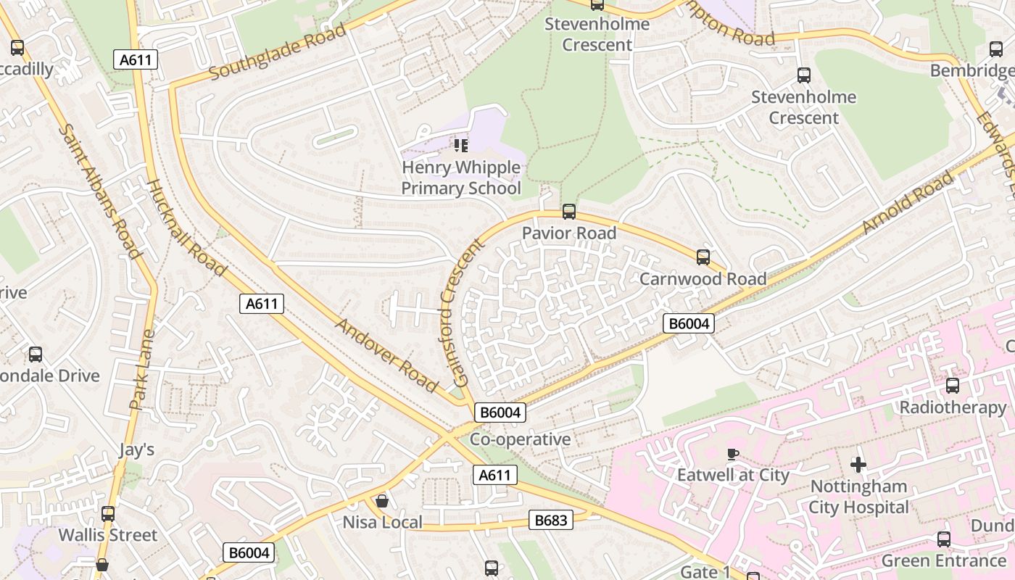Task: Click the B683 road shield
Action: [x=551, y=520]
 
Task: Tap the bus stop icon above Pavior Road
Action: [x=569, y=212]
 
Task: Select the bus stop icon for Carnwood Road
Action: [x=703, y=257]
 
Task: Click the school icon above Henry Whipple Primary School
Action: [x=460, y=146]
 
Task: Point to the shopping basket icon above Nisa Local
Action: [x=381, y=501]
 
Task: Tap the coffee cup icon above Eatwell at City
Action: [x=732, y=455]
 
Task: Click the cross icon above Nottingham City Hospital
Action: [x=858, y=464]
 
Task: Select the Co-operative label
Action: [x=520, y=439]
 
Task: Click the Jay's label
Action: [x=137, y=449]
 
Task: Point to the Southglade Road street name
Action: [x=278, y=52]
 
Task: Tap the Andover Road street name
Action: [x=386, y=355]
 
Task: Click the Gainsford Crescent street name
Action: [x=462, y=312]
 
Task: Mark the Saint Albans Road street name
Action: [x=99, y=191]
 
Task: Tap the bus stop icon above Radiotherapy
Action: [x=953, y=386]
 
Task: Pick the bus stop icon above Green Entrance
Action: [x=943, y=539]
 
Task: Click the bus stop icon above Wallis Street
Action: [x=108, y=514]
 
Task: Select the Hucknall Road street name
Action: [x=187, y=228]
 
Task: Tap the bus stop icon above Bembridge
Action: [x=996, y=49]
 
